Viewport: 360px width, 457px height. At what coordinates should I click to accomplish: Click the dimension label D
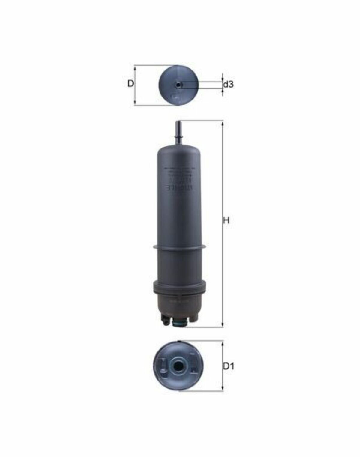tap(130, 84)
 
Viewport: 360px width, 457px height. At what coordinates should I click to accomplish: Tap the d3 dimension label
tap(228, 85)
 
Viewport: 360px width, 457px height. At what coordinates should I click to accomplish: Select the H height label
tap(226, 221)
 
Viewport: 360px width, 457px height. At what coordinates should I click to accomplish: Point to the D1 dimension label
tap(228, 366)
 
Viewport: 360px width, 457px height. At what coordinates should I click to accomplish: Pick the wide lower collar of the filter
tap(179, 287)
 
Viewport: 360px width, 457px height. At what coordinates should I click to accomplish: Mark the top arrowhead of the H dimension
tap(222, 123)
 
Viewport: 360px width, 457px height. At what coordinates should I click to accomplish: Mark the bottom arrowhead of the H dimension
tap(222, 325)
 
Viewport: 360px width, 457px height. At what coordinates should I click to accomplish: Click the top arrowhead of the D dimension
tap(135, 68)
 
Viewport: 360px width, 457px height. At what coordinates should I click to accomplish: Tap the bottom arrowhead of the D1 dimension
tap(222, 389)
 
